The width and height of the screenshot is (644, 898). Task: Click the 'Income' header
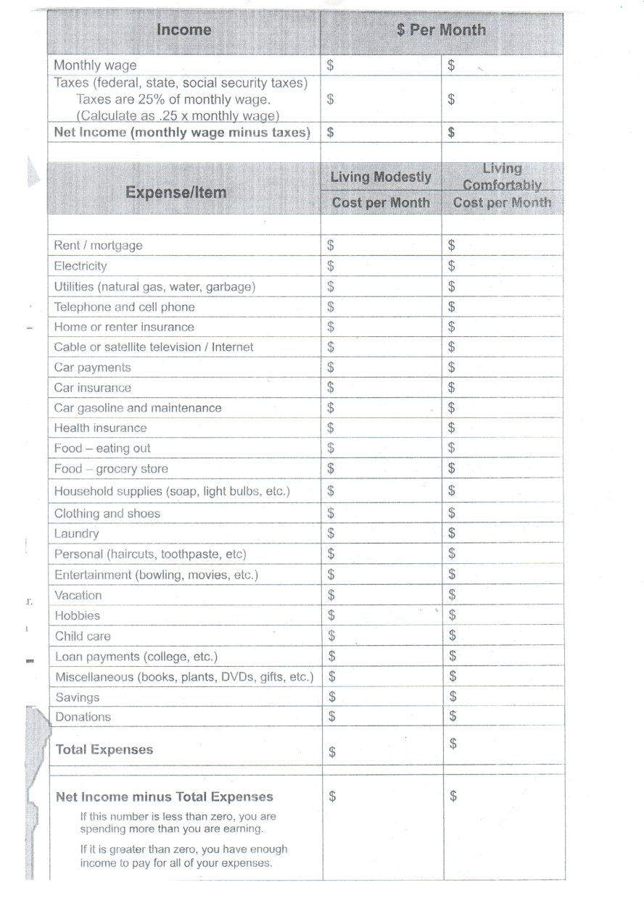pyautogui.click(x=184, y=30)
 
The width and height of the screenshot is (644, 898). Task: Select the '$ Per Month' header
pyautogui.click(x=441, y=30)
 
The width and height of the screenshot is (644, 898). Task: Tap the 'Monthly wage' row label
pyautogui.click(x=95, y=65)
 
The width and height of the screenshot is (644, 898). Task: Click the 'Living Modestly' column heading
pyautogui.click(x=381, y=177)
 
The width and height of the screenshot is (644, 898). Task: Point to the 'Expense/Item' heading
pyautogui.click(x=176, y=192)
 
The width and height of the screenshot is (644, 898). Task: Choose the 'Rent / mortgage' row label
pyautogui.click(x=98, y=246)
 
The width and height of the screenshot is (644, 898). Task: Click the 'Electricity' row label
pyautogui.click(x=80, y=266)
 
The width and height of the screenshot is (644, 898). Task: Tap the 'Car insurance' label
pyautogui.click(x=93, y=388)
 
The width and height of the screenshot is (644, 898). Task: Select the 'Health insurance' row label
pyautogui.click(x=100, y=428)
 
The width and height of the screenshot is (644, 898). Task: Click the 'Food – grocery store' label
pyautogui.click(x=111, y=469)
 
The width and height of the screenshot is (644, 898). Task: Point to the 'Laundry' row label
pyautogui.click(x=77, y=534)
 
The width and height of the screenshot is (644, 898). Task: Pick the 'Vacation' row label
pyautogui.click(x=78, y=595)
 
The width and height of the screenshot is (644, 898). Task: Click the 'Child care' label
pyautogui.click(x=83, y=636)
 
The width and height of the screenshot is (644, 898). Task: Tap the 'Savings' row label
pyautogui.click(x=78, y=697)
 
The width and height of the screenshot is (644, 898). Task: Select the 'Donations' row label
pyautogui.click(x=83, y=717)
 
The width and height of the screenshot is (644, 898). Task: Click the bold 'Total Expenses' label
pyautogui.click(x=104, y=749)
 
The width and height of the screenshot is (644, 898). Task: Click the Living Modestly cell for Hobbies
pyautogui.click(x=381, y=616)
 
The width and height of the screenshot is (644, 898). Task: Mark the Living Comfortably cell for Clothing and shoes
pyautogui.click(x=503, y=513)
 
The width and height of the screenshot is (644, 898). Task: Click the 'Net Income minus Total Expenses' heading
pyautogui.click(x=165, y=797)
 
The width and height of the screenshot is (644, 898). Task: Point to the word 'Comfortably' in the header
pyautogui.click(x=503, y=186)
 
